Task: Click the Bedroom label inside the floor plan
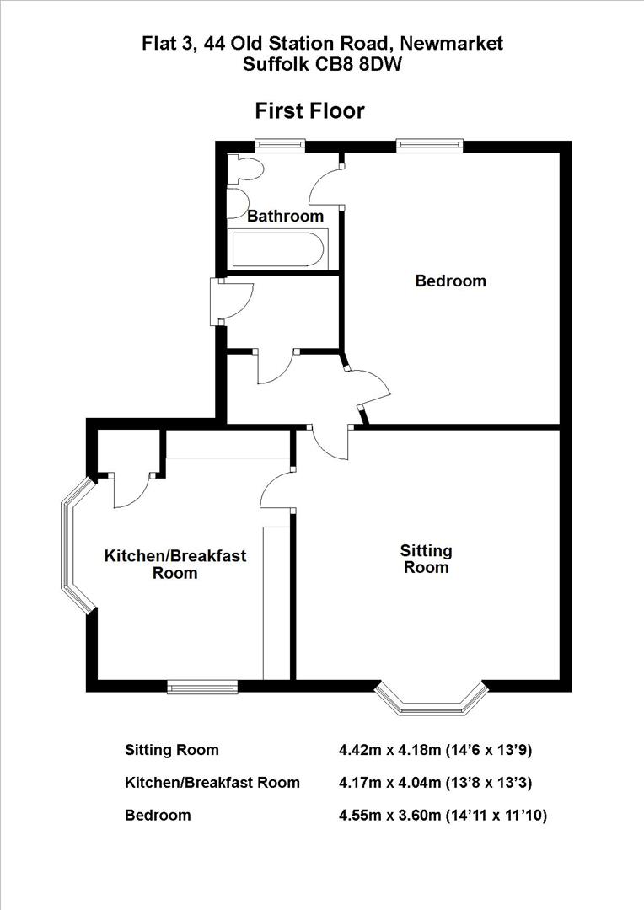(x=450, y=281)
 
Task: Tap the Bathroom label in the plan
(x=285, y=217)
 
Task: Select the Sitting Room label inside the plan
(x=426, y=559)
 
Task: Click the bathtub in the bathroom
(x=276, y=249)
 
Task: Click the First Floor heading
(x=310, y=110)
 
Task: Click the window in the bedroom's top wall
(x=430, y=145)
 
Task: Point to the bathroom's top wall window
(x=281, y=145)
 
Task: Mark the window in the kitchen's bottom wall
(x=202, y=688)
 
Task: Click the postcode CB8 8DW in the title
(x=360, y=63)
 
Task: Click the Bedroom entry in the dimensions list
(x=158, y=815)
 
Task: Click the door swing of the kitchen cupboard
(x=131, y=493)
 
